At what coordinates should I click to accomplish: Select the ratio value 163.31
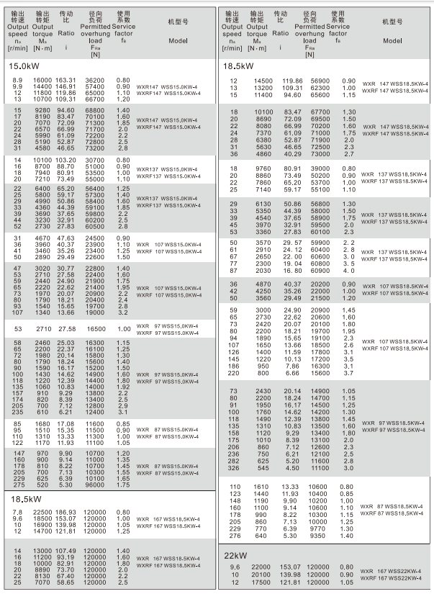pos(65,80)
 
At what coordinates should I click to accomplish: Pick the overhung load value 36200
pos(95,80)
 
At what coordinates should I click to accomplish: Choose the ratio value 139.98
pos(281,574)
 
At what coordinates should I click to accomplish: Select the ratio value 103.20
pos(65,158)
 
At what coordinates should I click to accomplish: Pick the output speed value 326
pos(233,469)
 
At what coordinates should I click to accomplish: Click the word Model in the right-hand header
pos(393,41)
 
